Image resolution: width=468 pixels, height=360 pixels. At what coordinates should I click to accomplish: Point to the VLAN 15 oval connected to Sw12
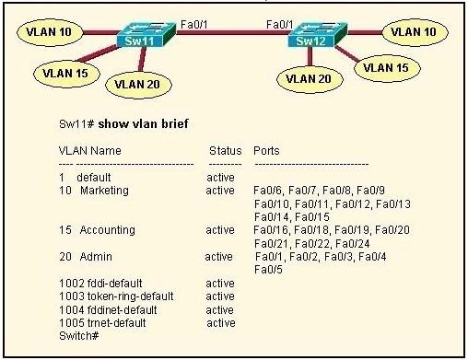click(386, 66)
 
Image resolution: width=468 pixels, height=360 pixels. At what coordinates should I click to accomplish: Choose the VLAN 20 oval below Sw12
click(310, 79)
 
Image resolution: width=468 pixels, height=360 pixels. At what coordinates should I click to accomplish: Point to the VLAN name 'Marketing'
click(106, 190)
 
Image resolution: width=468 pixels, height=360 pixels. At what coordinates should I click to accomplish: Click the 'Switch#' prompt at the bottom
click(78, 336)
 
